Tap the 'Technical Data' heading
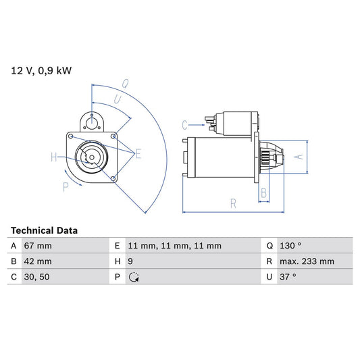44,230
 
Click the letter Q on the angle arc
125,84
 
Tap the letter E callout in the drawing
138,154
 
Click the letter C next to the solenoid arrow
184,124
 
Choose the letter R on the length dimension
232,203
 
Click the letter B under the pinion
263,193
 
